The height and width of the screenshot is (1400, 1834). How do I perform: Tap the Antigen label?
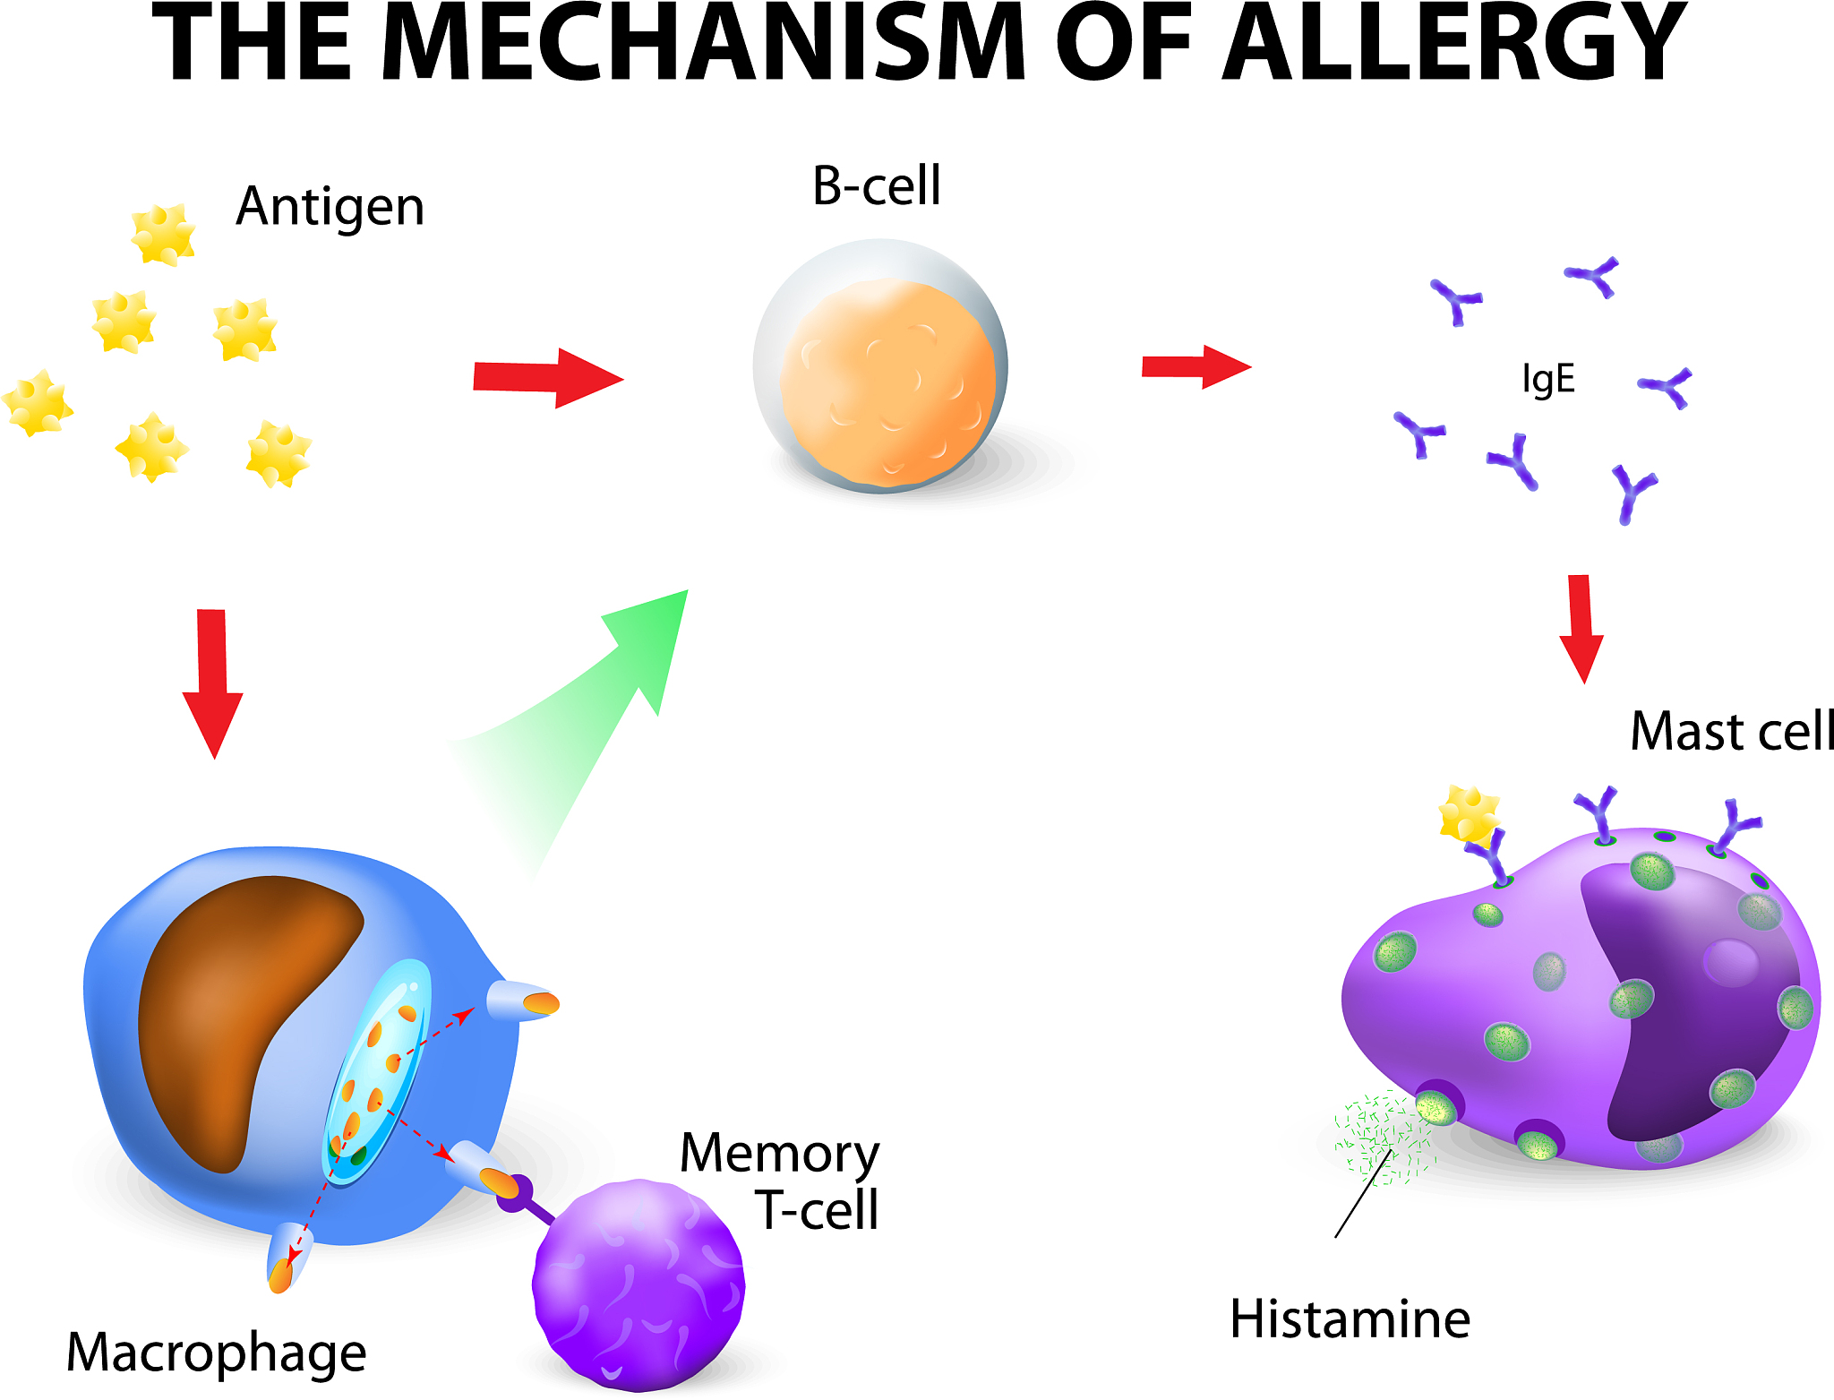pyautogui.click(x=330, y=207)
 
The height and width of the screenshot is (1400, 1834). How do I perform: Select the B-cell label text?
pyautogui.click(x=876, y=186)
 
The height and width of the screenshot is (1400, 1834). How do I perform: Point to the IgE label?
pyautogui.click(x=1547, y=379)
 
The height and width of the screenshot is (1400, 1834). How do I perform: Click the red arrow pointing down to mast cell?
pyautogui.click(x=1581, y=628)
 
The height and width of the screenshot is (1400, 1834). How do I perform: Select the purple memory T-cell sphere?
pyautogui.click(x=638, y=1284)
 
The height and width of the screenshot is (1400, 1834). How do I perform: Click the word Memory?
pyautogui.click(x=779, y=1154)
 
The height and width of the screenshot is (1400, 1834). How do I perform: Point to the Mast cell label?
pyautogui.click(x=1730, y=731)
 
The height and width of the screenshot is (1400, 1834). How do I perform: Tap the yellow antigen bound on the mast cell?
pyautogui.click(x=1468, y=813)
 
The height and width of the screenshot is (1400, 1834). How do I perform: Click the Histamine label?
pyautogui.click(x=1350, y=1319)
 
